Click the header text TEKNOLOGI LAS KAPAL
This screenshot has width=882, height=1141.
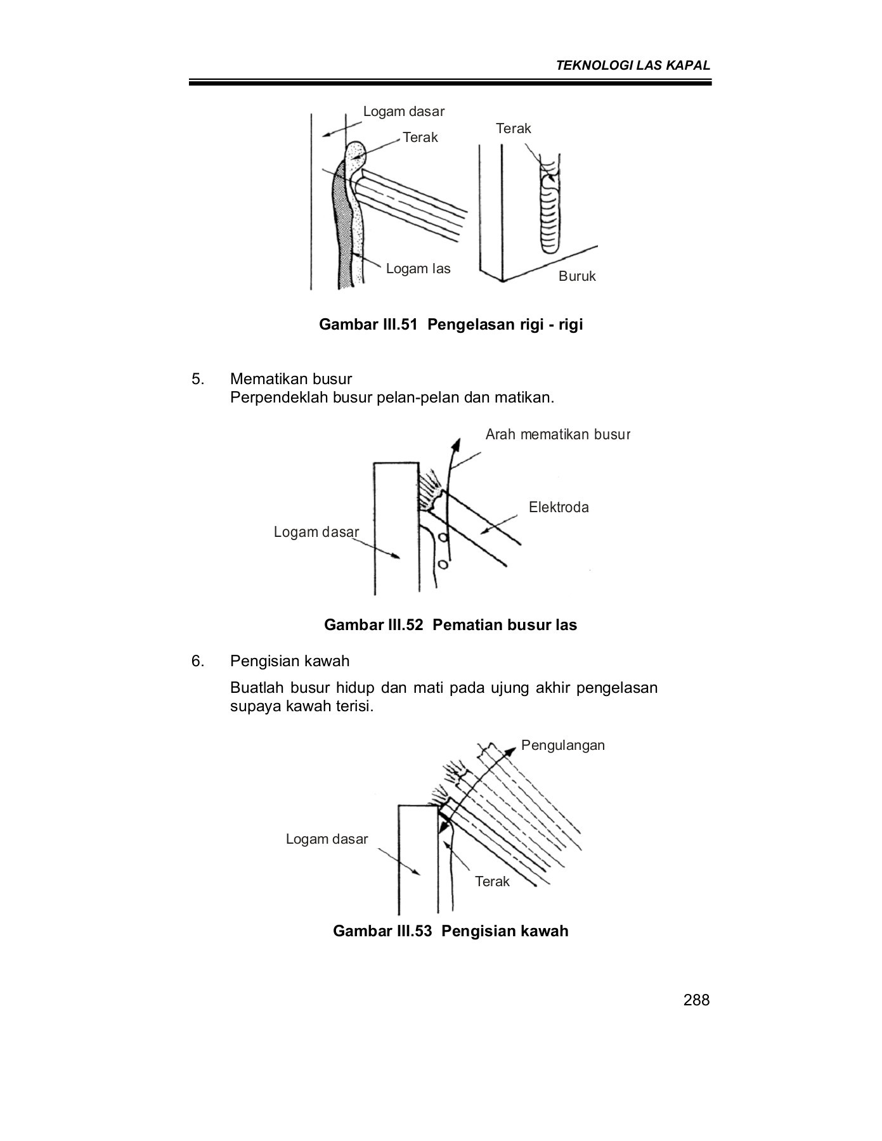(633, 65)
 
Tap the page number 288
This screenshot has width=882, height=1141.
(696, 1000)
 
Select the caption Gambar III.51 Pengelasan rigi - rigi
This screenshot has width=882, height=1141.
(451, 325)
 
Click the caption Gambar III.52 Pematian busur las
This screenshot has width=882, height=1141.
(450, 625)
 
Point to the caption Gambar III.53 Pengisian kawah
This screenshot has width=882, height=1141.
(450, 931)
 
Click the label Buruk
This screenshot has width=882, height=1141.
(577, 276)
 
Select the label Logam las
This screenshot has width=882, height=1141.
(418, 269)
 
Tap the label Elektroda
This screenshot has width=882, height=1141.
(558, 507)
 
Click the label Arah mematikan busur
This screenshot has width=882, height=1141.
(557, 435)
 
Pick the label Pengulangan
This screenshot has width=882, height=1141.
(562, 745)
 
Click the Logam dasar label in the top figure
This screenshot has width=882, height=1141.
(403, 112)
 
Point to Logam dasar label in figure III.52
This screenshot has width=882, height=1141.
(316, 532)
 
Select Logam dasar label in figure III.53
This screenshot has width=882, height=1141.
(327, 839)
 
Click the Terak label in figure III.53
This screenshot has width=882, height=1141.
(492, 882)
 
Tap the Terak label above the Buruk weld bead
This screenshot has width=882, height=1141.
(513, 129)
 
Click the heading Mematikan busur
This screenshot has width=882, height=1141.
(290, 379)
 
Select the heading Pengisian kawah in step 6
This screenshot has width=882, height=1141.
(289, 661)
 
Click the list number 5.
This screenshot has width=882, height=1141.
(198, 379)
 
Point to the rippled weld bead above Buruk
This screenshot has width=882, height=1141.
(549, 209)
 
